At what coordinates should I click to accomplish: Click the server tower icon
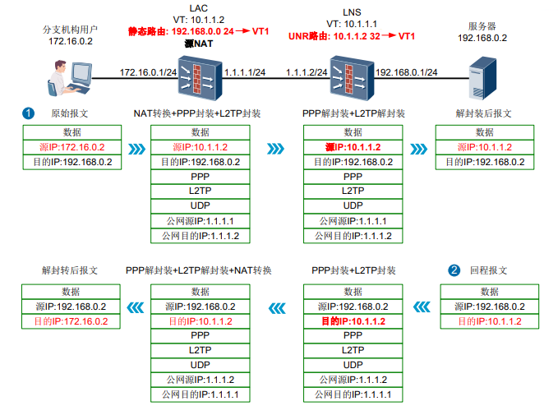tap(483, 80)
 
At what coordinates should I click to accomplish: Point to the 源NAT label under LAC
tap(200, 44)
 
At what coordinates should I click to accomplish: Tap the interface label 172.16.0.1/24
tap(148, 72)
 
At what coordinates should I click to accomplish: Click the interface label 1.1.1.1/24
tap(244, 72)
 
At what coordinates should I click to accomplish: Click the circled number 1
tap(29, 113)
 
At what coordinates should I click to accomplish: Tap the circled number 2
tap(454, 270)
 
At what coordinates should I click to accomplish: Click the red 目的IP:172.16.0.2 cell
tap(70, 321)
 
